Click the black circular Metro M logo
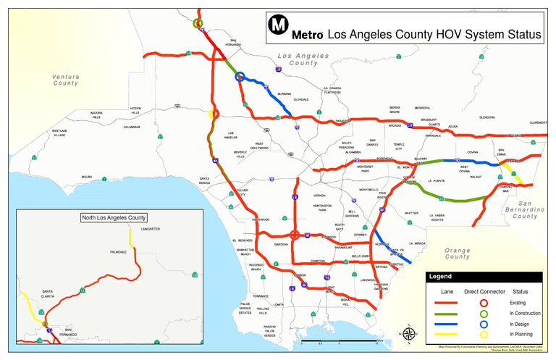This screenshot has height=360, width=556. [x=278, y=25]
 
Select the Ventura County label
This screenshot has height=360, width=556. [x=65, y=80]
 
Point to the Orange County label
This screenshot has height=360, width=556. [x=457, y=254]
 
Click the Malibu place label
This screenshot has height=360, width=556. [x=87, y=176]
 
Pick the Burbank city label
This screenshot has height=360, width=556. [x=285, y=94]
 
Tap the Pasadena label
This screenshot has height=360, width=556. [x=342, y=120]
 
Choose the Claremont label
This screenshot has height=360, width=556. [x=538, y=122]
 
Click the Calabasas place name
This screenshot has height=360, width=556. [x=132, y=127]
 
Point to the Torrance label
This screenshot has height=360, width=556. [x=261, y=296]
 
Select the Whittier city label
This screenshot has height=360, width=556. [x=411, y=213]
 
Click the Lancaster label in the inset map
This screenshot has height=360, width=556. [x=151, y=229]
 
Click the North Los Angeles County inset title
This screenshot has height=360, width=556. [x=114, y=217]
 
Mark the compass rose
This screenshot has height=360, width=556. [x=409, y=333]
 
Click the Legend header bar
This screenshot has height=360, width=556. [x=483, y=277]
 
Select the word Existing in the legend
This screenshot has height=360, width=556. [x=518, y=302]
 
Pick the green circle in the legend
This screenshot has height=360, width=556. [x=483, y=313]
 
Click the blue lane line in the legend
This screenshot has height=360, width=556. [x=447, y=324]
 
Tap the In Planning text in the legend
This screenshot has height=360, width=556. [x=521, y=334]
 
